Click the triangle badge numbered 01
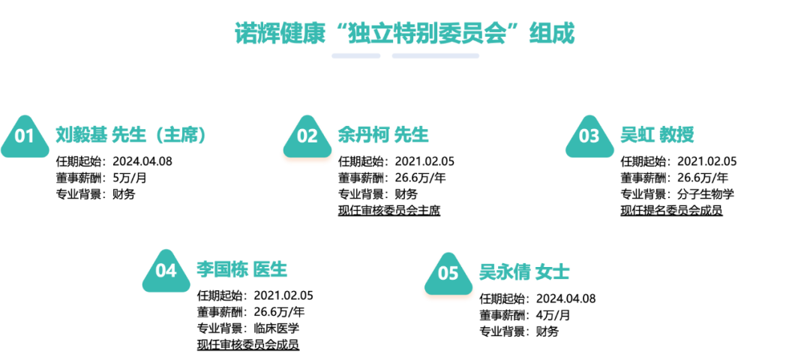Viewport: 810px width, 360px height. (25, 137)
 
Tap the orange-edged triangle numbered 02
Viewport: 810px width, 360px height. (307, 139)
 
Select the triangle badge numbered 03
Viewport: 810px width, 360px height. (589, 137)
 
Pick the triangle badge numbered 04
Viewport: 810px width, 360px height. (166, 271)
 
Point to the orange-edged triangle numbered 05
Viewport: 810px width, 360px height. (448, 275)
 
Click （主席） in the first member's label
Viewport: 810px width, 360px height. (179, 135)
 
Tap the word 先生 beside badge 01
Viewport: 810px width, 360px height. (129, 135)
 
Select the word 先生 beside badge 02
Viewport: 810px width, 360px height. (412, 135)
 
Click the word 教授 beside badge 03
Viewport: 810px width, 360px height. (676, 135)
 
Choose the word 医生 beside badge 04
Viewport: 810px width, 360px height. (271, 269)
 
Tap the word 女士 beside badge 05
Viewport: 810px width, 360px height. (553, 271)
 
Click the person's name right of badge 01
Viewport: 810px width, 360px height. (81, 135)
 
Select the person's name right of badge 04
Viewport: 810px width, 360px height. (222, 269)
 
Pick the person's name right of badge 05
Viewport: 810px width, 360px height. (504, 271)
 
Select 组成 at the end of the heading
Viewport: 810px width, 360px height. (552, 33)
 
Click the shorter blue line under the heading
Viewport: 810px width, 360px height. (356, 55)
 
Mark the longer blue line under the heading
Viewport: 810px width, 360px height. (435, 55)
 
